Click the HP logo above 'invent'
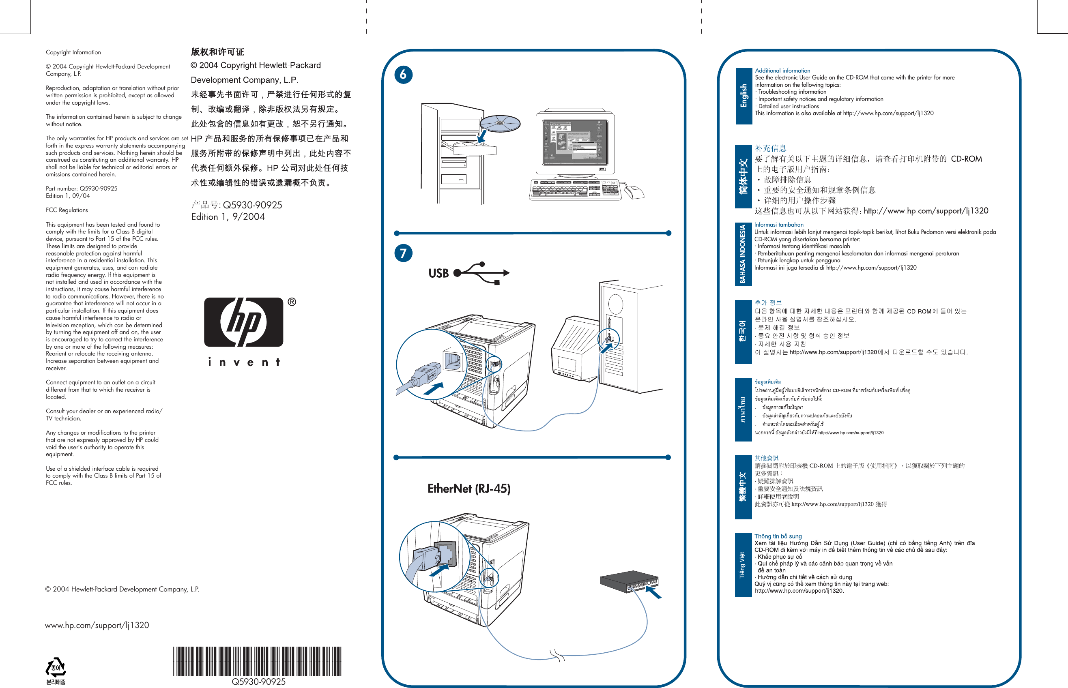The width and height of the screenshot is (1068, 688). point(243,322)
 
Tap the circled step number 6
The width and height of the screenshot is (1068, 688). point(403,74)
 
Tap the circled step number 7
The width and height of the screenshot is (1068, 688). point(403,253)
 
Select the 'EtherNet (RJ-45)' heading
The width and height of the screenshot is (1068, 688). point(469,488)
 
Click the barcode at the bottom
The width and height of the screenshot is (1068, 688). point(258,661)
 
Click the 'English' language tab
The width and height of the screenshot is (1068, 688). point(744,96)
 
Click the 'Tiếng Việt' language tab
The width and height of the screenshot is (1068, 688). point(743,565)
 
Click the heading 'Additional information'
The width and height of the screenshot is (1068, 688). point(782,71)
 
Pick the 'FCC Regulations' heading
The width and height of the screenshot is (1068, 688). point(67,210)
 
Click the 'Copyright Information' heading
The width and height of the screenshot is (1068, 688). point(73,52)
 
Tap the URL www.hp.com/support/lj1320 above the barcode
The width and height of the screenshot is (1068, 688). point(97,625)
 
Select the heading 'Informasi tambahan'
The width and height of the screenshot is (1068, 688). point(778,225)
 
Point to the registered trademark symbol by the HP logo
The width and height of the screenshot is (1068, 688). point(291,302)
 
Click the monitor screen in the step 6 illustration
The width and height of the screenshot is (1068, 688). point(575,141)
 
